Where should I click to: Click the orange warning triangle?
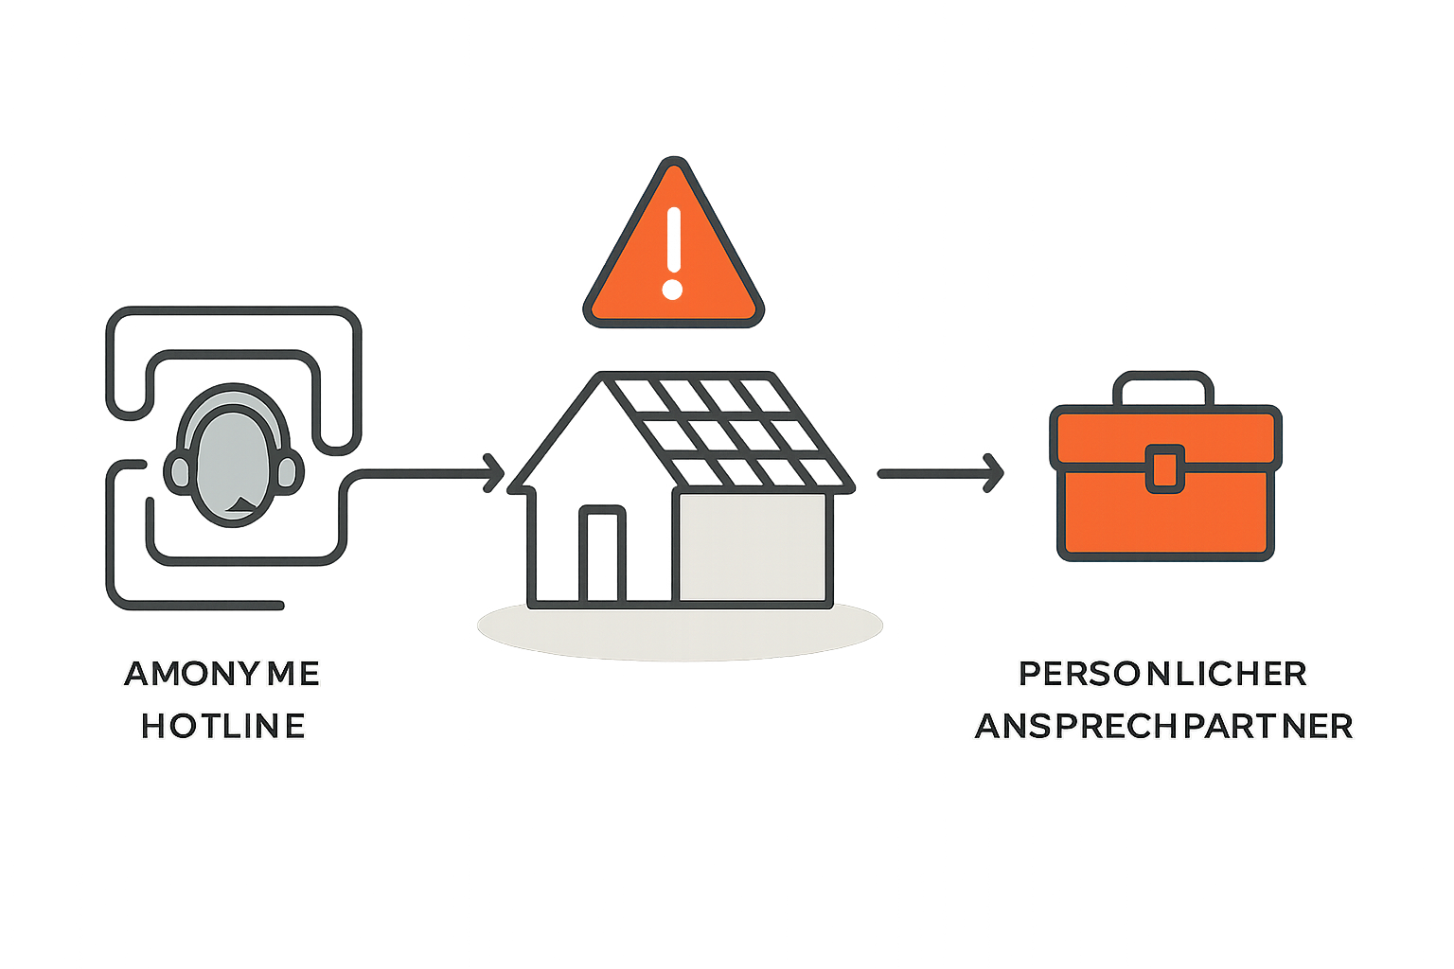click(x=673, y=255)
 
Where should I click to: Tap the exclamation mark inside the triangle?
click(x=674, y=252)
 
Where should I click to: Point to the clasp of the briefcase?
click(x=1165, y=468)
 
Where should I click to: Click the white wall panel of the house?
click(x=752, y=547)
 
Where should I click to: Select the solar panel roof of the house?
click(x=729, y=431)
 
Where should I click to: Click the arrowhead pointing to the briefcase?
click(x=994, y=471)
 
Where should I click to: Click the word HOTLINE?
click(x=223, y=726)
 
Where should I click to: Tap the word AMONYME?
click(x=222, y=674)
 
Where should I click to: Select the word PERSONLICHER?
click(x=1163, y=674)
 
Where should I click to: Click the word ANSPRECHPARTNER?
click(x=1164, y=726)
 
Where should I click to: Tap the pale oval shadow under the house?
click(x=680, y=632)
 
